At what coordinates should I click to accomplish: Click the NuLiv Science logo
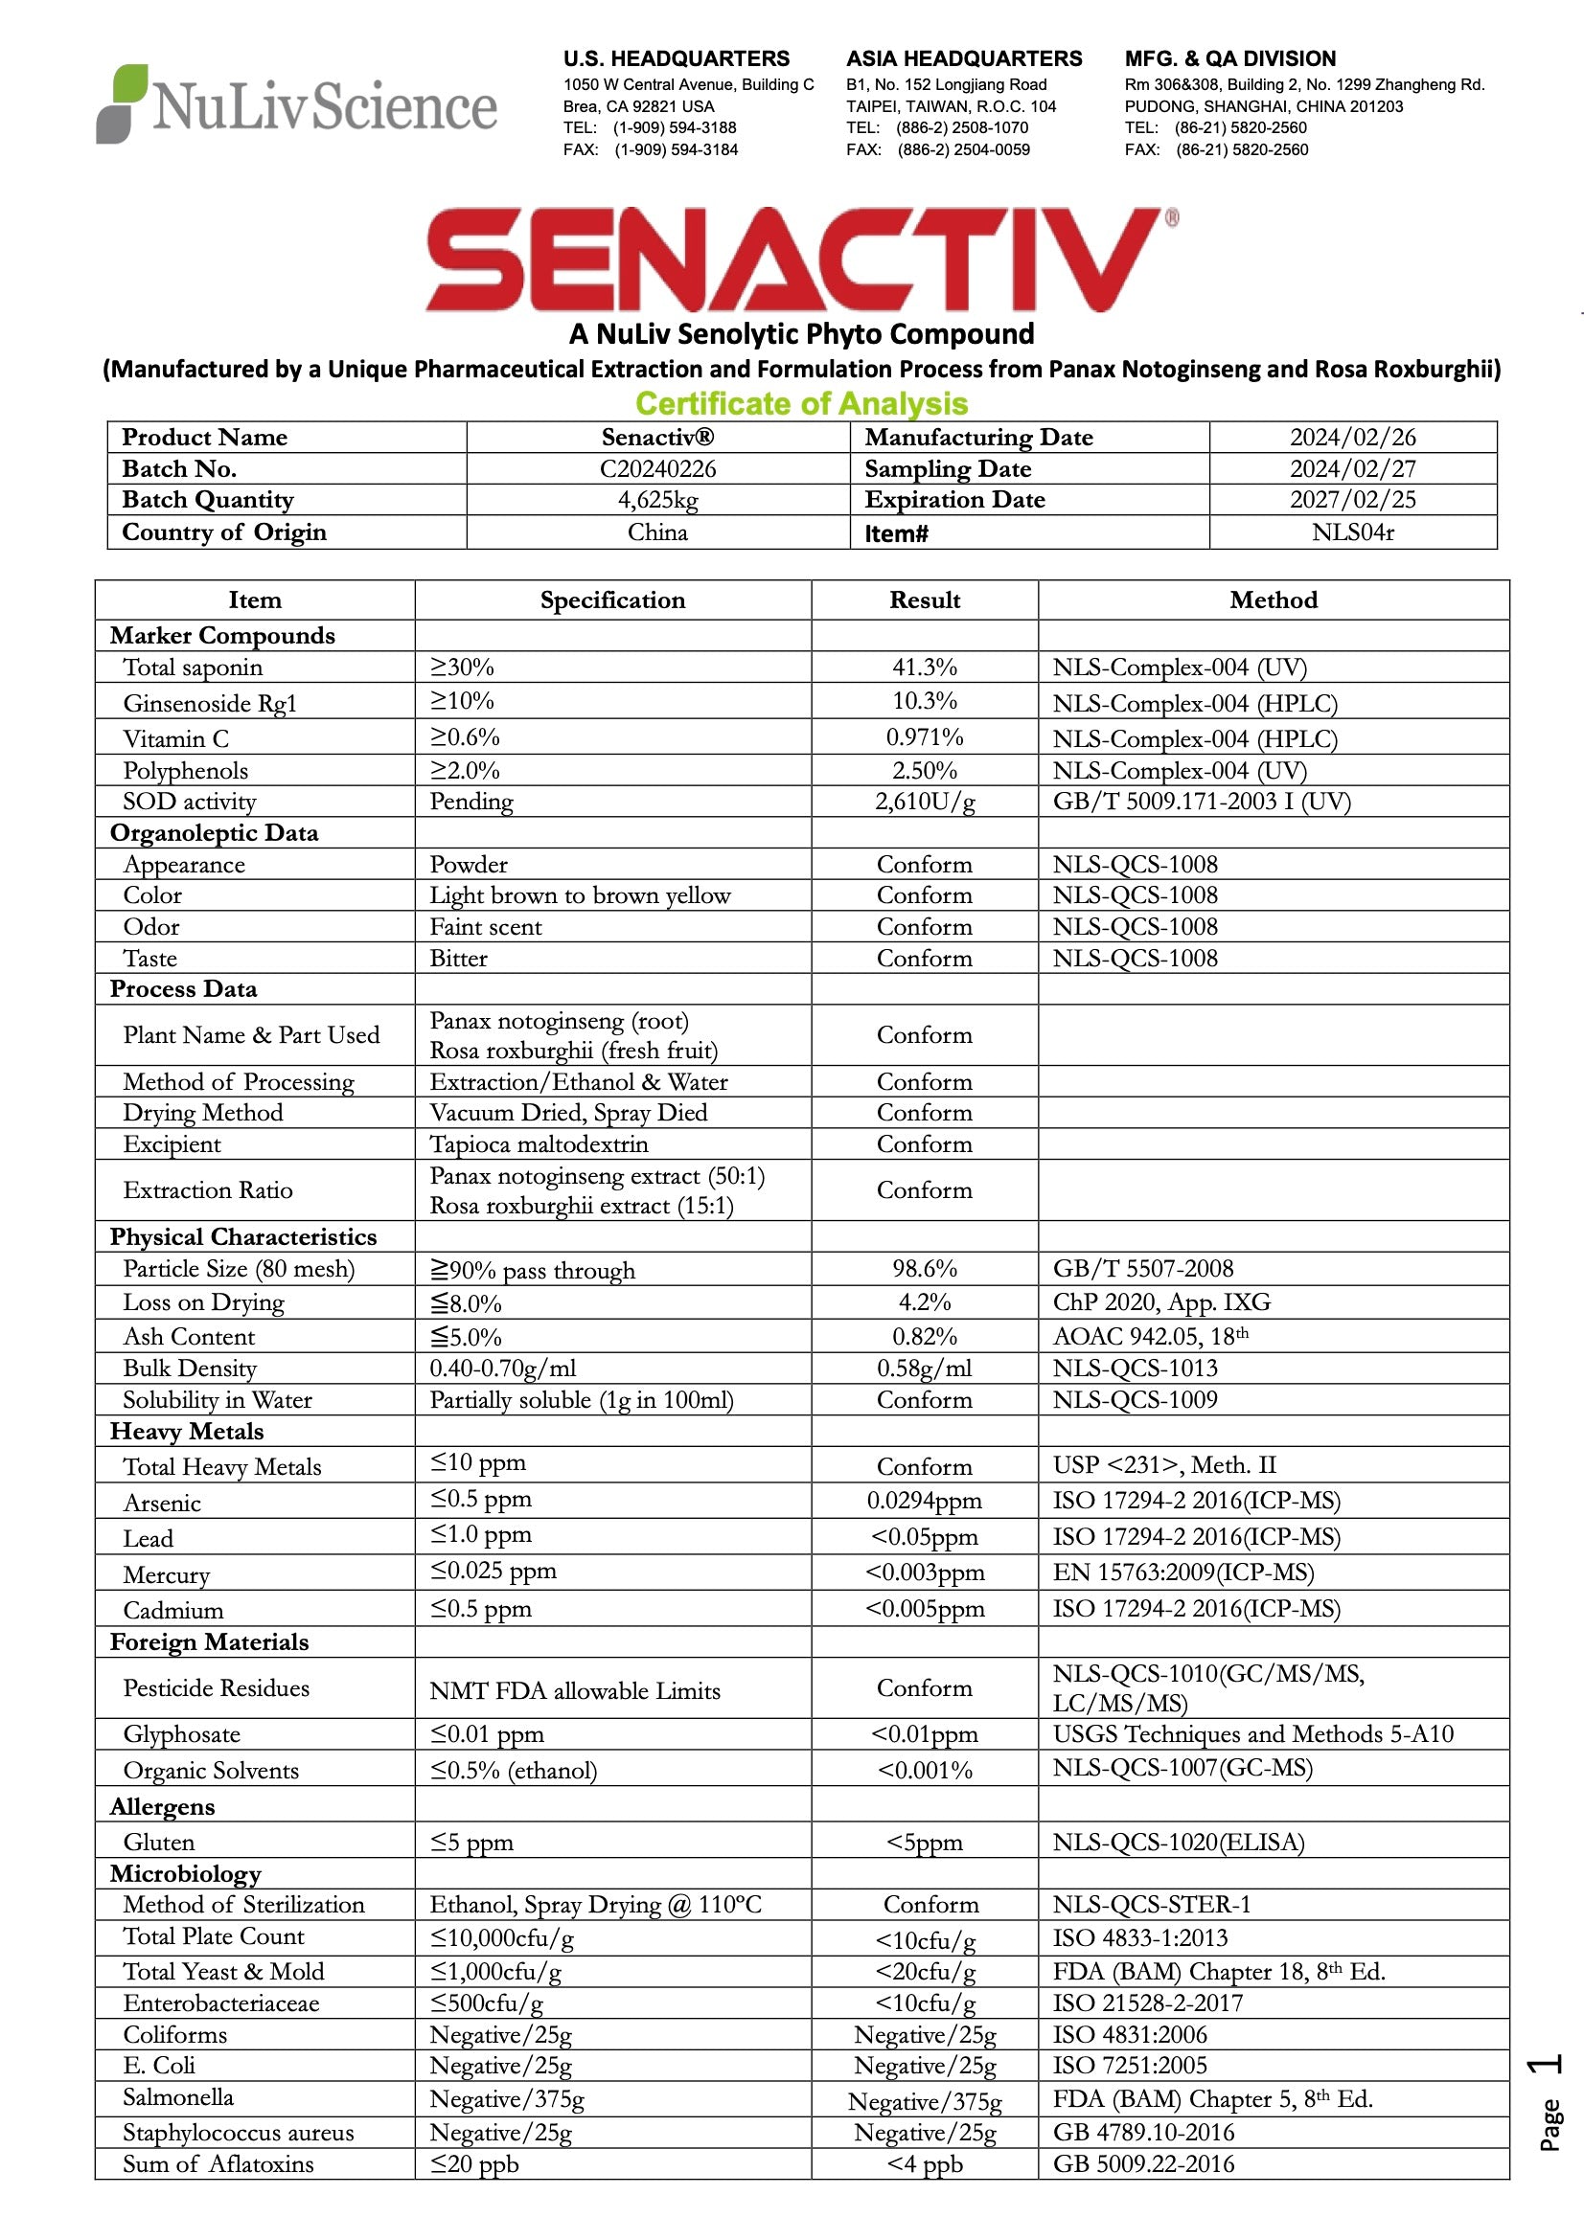pyautogui.click(x=297, y=104)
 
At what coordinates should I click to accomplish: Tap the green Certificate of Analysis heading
pyautogui.click(x=801, y=403)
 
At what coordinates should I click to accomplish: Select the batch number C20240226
pyautogui.click(x=656, y=469)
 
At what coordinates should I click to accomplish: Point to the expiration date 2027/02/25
pyautogui.click(x=1352, y=500)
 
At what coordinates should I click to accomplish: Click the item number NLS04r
pyautogui.click(x=1352, y=532)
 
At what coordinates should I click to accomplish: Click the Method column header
pyautogui.click(x=1273, y=600)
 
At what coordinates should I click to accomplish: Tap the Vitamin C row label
pyautogui.click(x=175, y=739)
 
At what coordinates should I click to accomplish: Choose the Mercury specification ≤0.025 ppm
pyautogui.click(x=493, y=1572)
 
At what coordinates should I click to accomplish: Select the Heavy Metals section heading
pyautogui.click(x=187, y=1431)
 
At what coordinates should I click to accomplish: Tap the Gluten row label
pyautogui.click(x=159, y=1842)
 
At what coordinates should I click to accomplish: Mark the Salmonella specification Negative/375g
pyautogui.click(x=507, y=2098)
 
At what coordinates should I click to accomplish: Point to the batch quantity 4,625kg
pyautogui.click(x=656, y=501)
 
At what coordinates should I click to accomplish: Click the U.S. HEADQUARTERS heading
pyautogui.click(x=676, y=58)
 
